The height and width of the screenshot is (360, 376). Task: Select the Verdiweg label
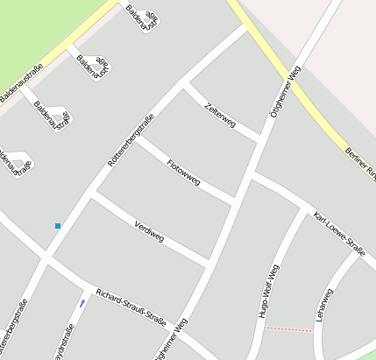pyautogui.click(x=149, y=230)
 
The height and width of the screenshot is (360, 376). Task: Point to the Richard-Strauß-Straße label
pyautogui.click(x=131, y=307)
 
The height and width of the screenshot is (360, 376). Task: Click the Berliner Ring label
pyautogui.click(x=360, y=163)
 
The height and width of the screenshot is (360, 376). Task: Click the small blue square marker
pyautogui.click(x=58, y=226)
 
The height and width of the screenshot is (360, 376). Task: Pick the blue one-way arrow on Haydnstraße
pyautogui.click(x=82, y=303)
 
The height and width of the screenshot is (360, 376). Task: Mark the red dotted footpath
pyautogui.click(x=287, y=329)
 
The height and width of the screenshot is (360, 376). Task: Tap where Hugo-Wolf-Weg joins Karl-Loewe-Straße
pyautogui.click(x=308, y=216)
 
